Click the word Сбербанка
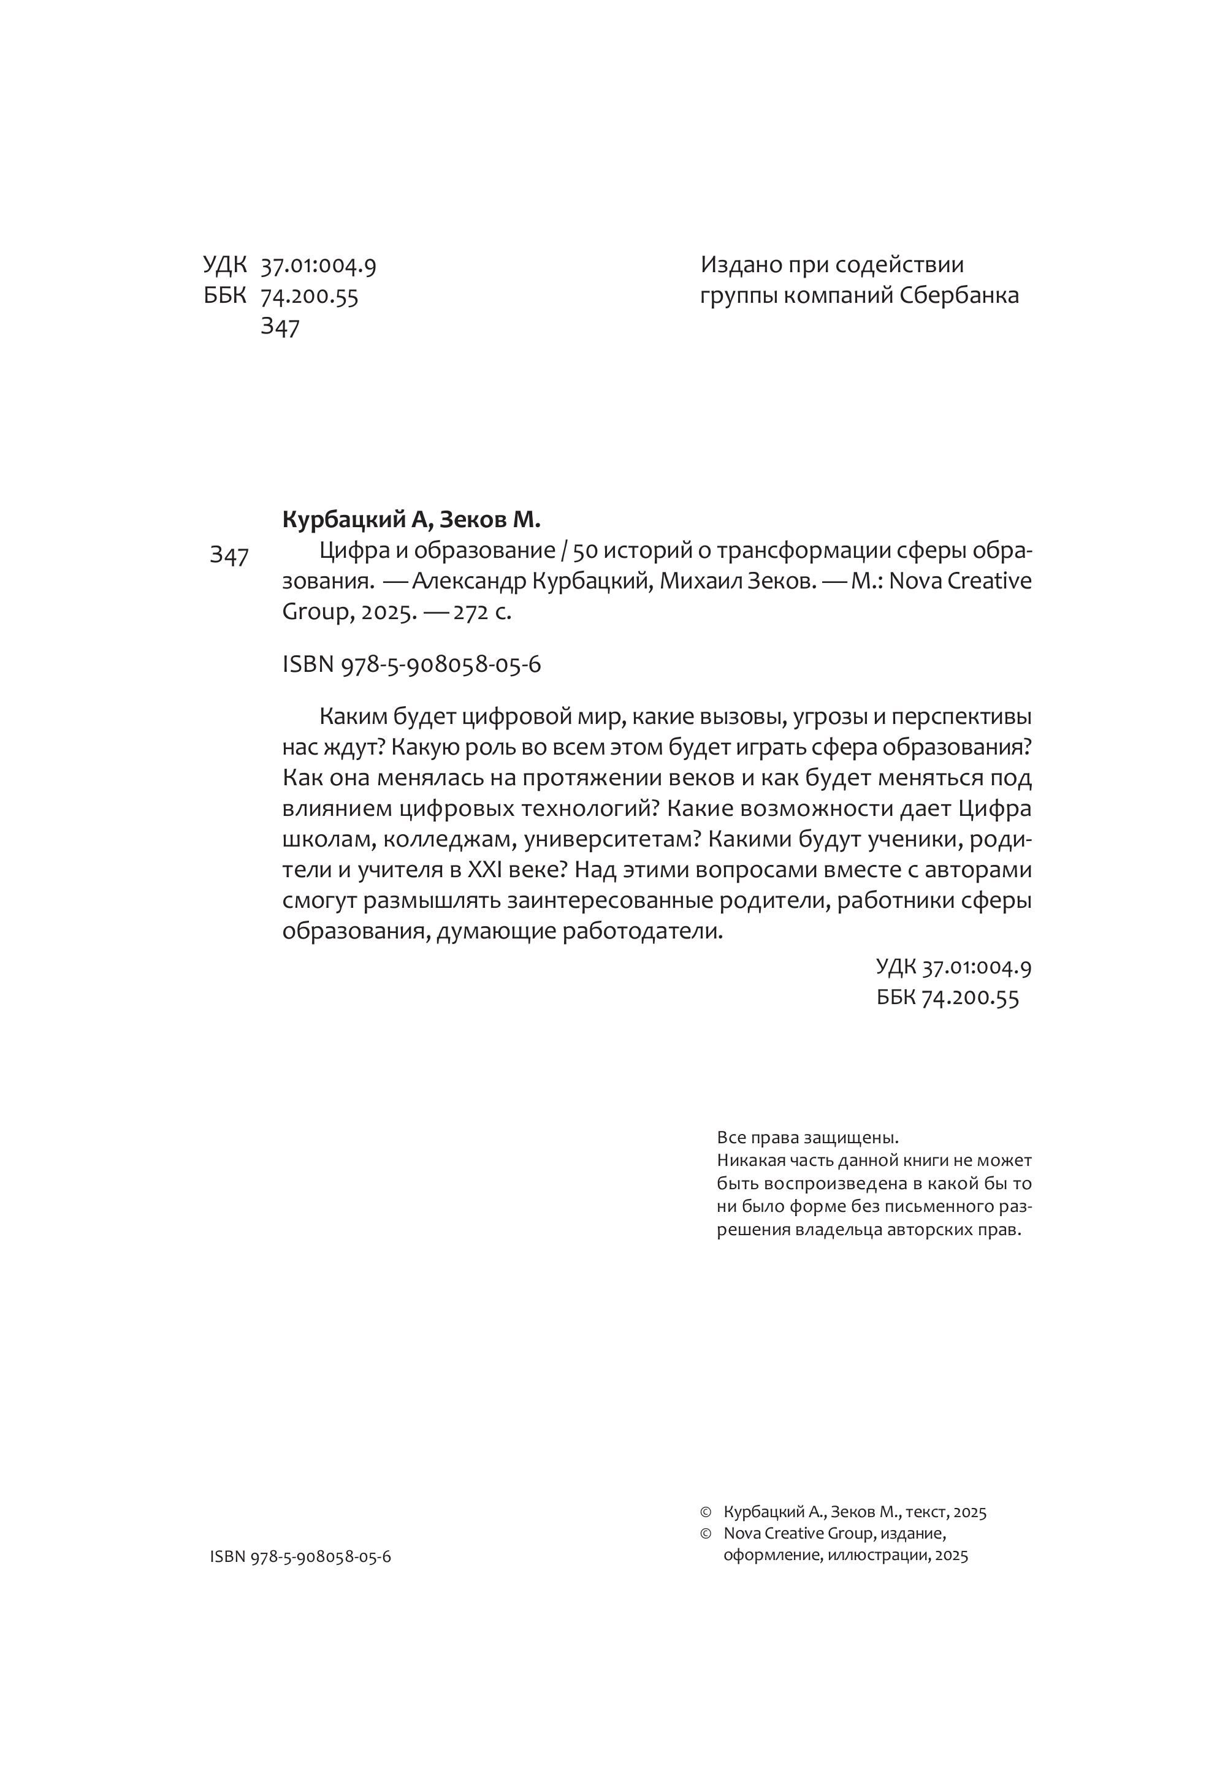pos(959,295)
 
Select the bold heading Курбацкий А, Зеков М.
pos(411,520)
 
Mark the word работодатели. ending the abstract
pos(642,931)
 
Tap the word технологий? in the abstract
pos(585,809)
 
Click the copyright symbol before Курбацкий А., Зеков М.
pos(706,1512)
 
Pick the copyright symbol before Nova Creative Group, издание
pos(706,1534)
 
